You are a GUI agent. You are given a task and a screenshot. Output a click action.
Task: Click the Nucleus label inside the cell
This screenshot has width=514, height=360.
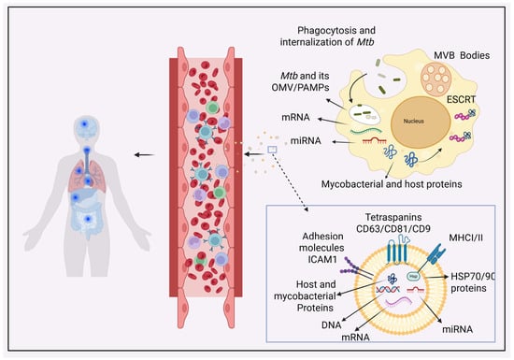pyautogui.click(x=413, y=122)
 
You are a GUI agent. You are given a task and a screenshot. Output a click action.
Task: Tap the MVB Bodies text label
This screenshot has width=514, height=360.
pyautogui.click(x=462, y=55)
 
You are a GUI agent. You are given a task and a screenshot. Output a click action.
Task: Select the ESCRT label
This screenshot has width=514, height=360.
pyautogui.click(x=461, y=99)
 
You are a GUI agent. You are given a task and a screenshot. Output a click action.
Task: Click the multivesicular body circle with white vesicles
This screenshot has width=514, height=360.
pyautogui.click(x=436, y=79)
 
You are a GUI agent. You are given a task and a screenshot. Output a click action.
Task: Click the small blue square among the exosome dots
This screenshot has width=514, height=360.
pyautogui.click(x=272, y=150)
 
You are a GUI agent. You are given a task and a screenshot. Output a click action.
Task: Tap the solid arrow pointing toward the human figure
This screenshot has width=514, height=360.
pyautogui.click(x=144, y=155)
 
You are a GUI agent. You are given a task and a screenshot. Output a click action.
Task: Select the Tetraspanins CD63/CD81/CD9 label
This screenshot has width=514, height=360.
pyautogui.click(x=393, y=223)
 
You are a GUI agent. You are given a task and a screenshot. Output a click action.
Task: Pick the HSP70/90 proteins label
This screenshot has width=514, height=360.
pyautogui.click(x=472, y=282)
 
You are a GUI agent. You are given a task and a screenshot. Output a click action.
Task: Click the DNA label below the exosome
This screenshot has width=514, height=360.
pyautogui.click(x=332, y=324)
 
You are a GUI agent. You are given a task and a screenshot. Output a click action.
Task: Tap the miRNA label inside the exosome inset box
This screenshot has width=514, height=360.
pyautogui.click(x=457, y=329)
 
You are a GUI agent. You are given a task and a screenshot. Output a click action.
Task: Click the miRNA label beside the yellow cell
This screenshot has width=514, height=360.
pyautogui.click(x=306, y=141)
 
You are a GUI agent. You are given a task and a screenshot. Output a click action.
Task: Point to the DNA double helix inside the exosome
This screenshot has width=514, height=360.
pyautogui.click(x=388, y=290)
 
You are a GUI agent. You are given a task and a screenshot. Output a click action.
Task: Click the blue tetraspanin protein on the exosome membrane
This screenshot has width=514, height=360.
pyautogui.click(x=398, y=250)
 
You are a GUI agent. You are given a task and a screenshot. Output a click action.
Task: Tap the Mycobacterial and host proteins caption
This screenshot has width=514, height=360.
pyautogui.click(x=392, y=184)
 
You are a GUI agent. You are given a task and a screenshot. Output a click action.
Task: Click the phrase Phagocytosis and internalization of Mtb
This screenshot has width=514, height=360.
pyautogui.click(x=327, y=36)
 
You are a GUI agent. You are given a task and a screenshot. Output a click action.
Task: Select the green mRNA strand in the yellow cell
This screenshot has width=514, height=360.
pyautogui.click(x=365, y=132)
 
